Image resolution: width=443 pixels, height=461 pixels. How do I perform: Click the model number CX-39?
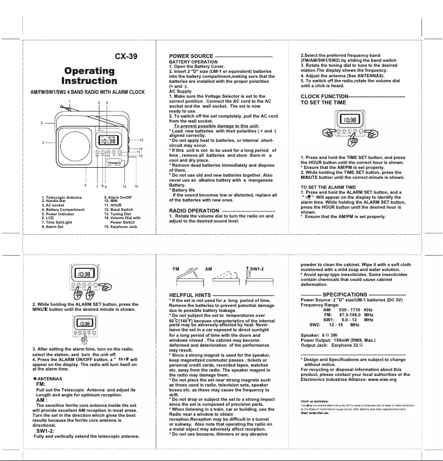point(125,56)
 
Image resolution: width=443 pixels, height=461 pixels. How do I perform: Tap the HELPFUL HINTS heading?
point(192,295)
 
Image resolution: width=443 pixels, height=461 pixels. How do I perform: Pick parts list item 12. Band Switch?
point(118,210)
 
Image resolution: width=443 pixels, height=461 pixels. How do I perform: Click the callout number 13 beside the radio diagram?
point(141,140)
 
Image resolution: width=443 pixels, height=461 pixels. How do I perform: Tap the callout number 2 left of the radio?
point(42,122)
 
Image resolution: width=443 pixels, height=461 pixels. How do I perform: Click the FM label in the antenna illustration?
point(177,269)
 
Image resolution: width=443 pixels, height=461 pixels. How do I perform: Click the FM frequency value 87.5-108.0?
point(351,315)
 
